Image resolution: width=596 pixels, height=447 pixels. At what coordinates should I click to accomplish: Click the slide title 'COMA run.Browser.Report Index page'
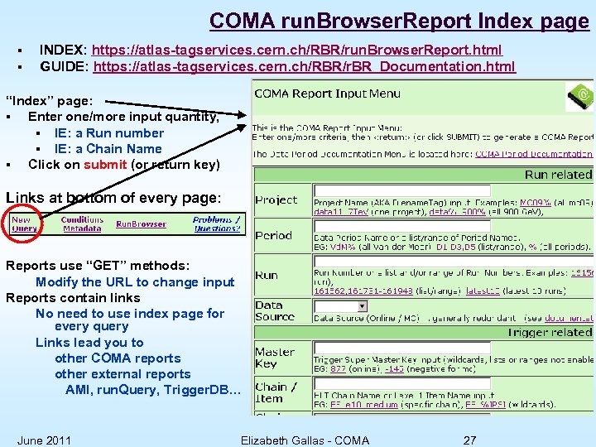[x=398, y=20]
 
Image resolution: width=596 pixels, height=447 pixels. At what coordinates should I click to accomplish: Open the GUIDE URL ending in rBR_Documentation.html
[x=305, y=66]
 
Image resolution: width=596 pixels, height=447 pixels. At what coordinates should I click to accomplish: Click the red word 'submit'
[x=105, y=165]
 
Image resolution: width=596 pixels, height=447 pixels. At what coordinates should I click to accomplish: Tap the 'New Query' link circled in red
[x=24, y=224]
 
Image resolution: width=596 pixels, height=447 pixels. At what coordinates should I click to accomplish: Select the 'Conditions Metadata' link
[x=82, y=224]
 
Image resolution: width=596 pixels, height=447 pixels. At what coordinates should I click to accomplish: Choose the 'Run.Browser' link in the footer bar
[x=141, y=224]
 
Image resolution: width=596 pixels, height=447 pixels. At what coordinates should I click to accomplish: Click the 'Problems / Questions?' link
[x=216, y=224]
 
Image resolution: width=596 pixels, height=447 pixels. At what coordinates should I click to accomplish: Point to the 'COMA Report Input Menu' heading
[x=327, y=94]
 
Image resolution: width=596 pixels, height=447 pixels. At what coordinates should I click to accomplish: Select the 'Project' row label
[x=276, y=200]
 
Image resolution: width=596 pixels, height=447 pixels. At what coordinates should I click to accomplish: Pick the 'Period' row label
[x=273, y=236]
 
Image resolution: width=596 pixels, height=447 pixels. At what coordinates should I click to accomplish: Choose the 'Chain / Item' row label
[x=272, y=392]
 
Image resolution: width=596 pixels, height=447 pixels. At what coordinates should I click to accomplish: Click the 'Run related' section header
[x=558, y=175]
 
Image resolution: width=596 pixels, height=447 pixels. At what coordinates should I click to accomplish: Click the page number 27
[x=469, y=440]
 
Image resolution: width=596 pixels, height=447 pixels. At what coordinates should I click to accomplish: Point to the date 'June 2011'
[x=44, y=440]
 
